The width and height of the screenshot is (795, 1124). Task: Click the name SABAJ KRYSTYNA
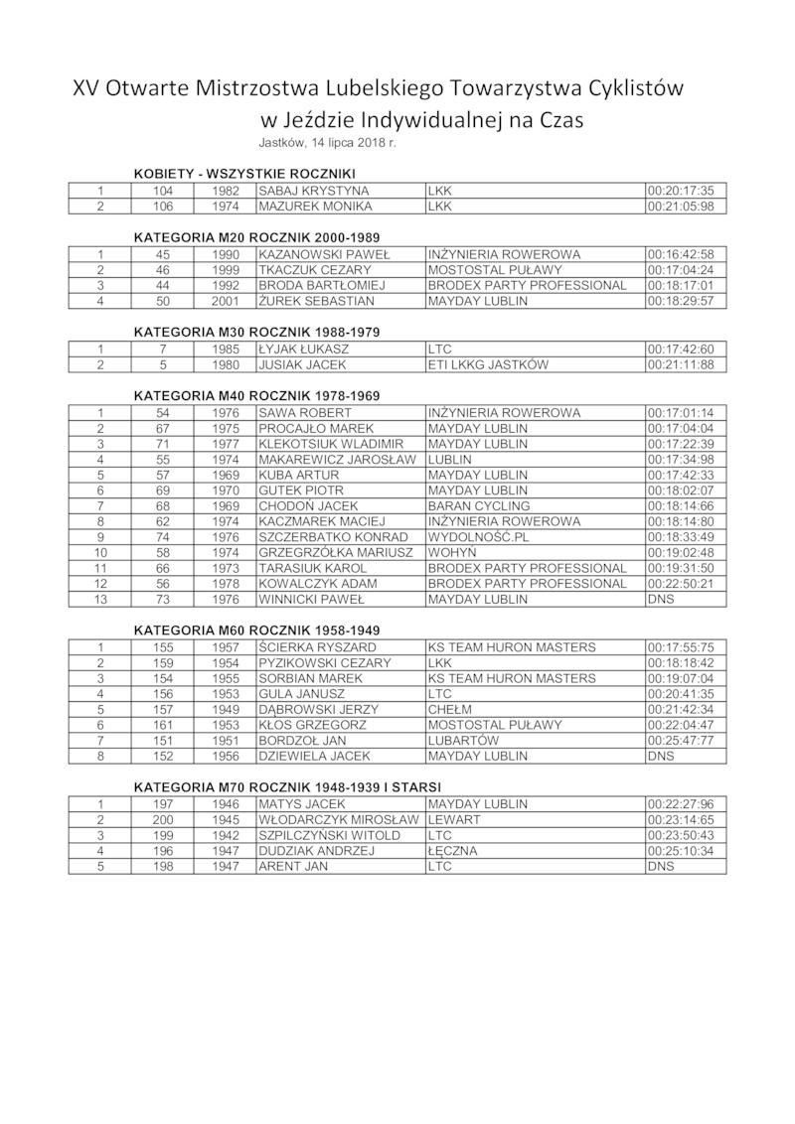click(314, 191)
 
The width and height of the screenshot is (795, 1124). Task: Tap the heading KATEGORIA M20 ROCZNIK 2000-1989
click(257, 238)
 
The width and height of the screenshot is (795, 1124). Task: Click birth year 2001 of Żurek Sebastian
click(226, 301)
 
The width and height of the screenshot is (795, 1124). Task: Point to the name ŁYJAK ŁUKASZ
click(304, 349)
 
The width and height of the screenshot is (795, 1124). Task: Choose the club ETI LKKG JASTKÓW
click(489, 364)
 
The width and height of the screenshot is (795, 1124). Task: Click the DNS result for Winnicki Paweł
click(661, 600)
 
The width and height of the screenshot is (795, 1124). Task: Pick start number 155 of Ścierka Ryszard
click(163, 647)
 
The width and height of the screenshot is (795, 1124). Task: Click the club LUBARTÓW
click(464, 741)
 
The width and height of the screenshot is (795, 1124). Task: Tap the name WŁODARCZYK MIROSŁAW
click(339, 819)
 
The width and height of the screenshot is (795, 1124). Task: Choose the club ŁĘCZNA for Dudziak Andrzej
click(453, 851)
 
